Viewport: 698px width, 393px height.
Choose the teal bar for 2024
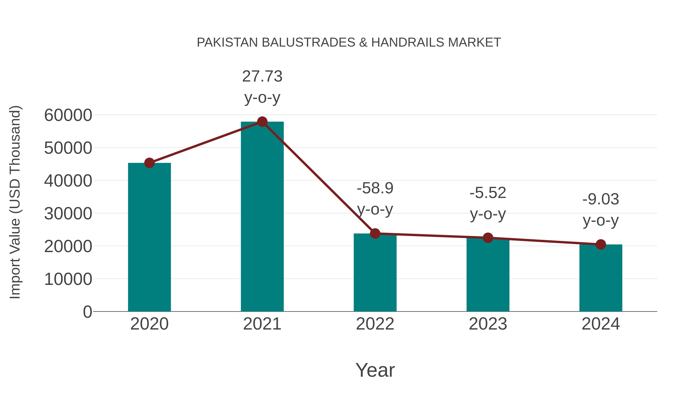[601, 278]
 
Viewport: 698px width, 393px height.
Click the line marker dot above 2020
[149, 163]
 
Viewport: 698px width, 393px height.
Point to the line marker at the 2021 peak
[262, 122]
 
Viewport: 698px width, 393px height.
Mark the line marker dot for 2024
[601, 244]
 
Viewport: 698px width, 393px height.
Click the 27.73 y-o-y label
[262, 87]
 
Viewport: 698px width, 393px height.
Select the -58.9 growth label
[375, 199]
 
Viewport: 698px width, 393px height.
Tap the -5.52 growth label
[488, 203]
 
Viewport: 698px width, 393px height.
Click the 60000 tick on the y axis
[68, 115]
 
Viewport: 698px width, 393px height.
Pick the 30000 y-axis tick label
[68, 213]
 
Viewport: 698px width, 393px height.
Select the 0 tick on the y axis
[87, 312]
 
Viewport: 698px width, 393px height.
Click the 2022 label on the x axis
[375, 324]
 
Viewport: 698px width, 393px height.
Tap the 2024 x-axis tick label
[601, 324]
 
